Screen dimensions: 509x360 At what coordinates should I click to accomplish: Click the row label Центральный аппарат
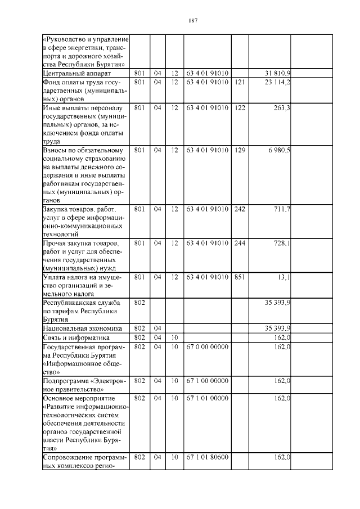coord(77,74)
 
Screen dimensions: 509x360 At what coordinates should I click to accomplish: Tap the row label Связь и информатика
coord(76,337)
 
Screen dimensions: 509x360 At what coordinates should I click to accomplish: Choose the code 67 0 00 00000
coord(207,347)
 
